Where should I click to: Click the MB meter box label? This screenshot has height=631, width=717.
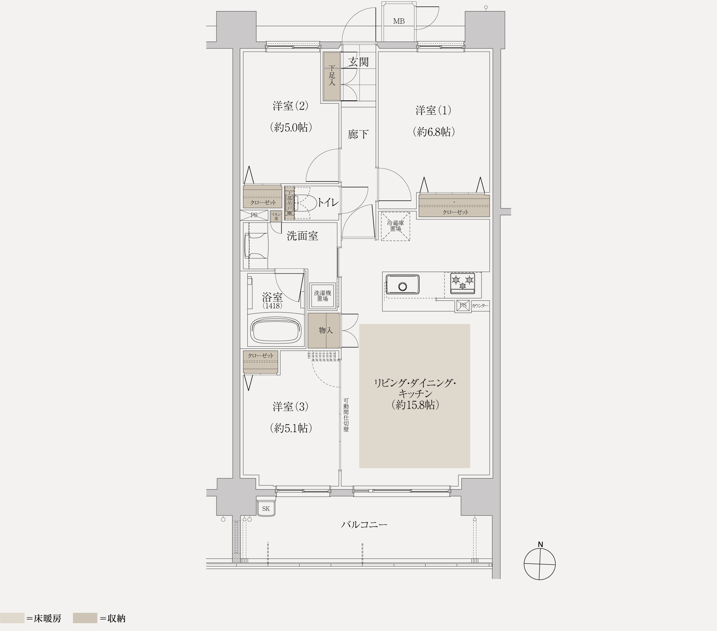click(399, 21)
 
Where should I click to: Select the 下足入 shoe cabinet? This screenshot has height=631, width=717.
click(332, 76)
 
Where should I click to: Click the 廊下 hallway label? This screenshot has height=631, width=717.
click(358, 134)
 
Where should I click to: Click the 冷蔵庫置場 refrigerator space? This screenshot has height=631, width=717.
click(395, 226)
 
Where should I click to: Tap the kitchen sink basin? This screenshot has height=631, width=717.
click(403, 285)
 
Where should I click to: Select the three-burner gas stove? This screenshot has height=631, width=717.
click(462, 283)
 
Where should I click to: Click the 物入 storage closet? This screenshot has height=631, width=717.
click(324, 331)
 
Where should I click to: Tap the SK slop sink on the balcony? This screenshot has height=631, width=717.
click(266, 508)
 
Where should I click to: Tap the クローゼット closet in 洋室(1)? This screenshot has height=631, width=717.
click(454, 206)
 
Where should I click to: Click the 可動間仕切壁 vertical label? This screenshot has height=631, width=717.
click(346, 415)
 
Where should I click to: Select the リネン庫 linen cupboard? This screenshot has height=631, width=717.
click(276, 216)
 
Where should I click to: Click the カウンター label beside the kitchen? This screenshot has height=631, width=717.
click(480, 306)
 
